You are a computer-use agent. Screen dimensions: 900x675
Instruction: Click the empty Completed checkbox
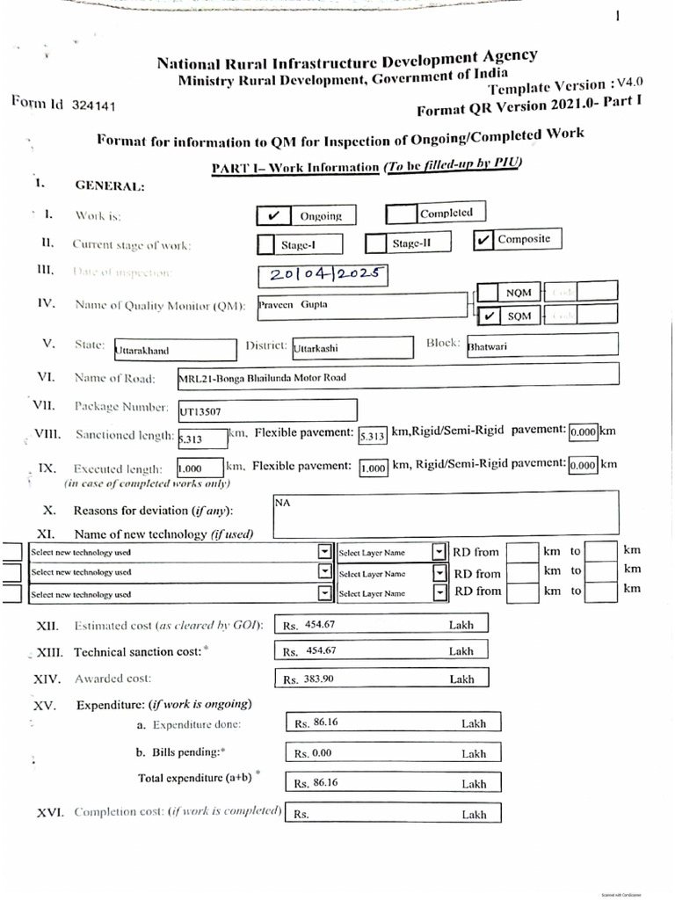coord(402,214)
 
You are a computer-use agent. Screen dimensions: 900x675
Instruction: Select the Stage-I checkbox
coord(266,243)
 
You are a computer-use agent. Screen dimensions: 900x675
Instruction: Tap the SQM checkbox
coord(488,316)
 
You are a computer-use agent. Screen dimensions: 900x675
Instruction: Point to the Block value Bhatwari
coord(488,346)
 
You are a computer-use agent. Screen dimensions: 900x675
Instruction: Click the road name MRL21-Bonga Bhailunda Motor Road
coord(262,378)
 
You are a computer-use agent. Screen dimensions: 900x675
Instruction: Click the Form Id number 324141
coord(93,105)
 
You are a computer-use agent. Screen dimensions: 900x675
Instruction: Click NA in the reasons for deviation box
coord(282,502)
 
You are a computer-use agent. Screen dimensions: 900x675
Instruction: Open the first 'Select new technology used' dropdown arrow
coord(324,552)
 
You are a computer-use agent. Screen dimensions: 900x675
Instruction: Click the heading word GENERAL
coord(110,185)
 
